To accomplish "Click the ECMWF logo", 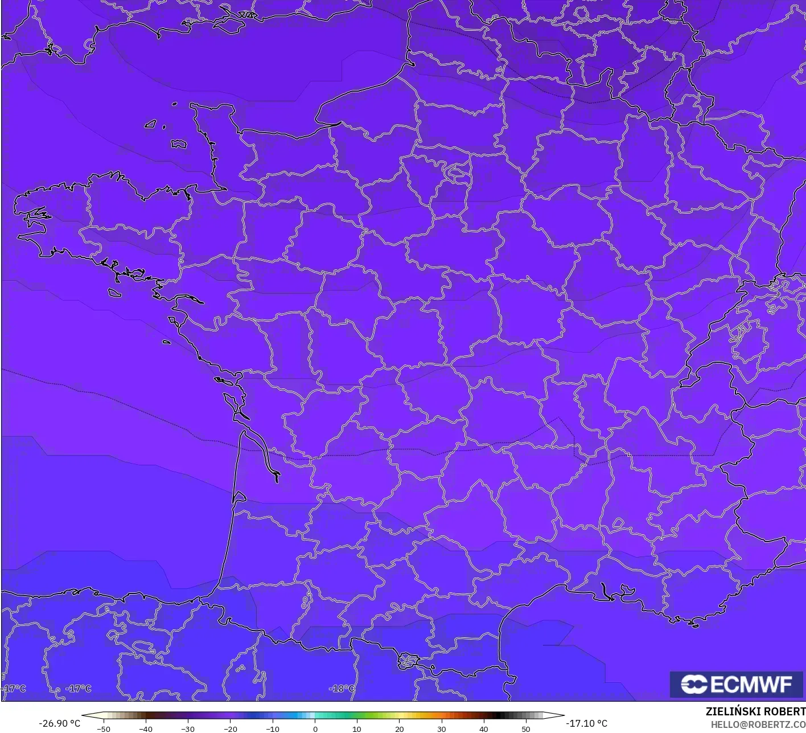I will tap(736, 684).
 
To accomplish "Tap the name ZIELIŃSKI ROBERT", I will tap(755, 711).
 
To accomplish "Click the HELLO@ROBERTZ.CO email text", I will tap(758, 724).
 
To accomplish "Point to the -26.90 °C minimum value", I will tap(59, 723).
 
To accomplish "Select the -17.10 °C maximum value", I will tap(586, 723).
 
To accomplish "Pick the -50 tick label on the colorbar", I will tap(104, 729).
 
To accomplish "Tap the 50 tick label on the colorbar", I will tap(525, 729).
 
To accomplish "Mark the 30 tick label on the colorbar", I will tap(441, 729).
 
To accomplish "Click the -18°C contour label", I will tap(342, 689).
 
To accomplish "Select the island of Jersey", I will tap(179, 144).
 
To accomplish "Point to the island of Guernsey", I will tap(151, 124).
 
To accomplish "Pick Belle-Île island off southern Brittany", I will tap(115, 293).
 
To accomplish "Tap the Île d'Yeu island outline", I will tap(167, 342).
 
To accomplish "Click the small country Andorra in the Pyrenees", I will tap(408, 661).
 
